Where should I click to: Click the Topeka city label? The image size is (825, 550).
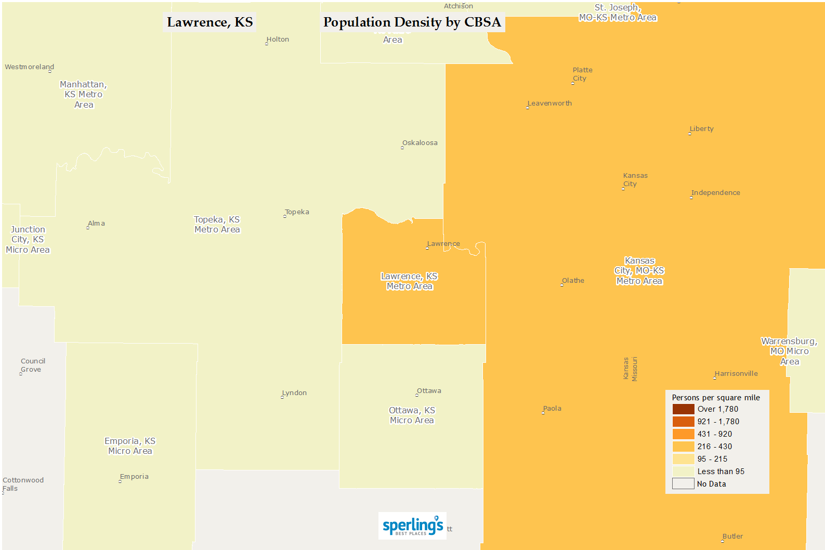coord(297,212)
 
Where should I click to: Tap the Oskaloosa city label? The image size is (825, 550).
coord(420,143)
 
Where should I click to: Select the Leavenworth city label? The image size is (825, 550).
coord(549,103)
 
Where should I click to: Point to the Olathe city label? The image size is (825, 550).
coord(573,281)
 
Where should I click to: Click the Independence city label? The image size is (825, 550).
coord(716,193)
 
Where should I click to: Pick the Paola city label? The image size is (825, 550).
coord(552,409)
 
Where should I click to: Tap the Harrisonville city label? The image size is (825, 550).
coord(736,374)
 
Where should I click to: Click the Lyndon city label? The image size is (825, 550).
coord(295,393)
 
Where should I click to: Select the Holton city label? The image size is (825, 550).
coord(278,40)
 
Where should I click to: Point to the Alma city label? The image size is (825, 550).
coord(96,224)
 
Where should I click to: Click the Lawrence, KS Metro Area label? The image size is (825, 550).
coord(410,281)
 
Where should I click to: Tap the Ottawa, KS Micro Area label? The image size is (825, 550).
coord(412,415)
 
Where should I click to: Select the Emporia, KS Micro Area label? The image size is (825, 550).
coord(130,446)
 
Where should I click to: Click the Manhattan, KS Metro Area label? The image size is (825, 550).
coord(84,95)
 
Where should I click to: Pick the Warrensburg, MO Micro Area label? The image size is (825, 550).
coord(789,351)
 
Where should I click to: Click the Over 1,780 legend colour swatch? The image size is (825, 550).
coord(683,409)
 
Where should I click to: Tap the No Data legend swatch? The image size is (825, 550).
coord(683,484)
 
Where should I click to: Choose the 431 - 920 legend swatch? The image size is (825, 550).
coord(683,434)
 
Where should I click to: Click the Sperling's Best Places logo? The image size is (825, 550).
coord(412,526)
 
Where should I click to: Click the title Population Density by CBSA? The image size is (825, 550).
coord(412,22)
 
